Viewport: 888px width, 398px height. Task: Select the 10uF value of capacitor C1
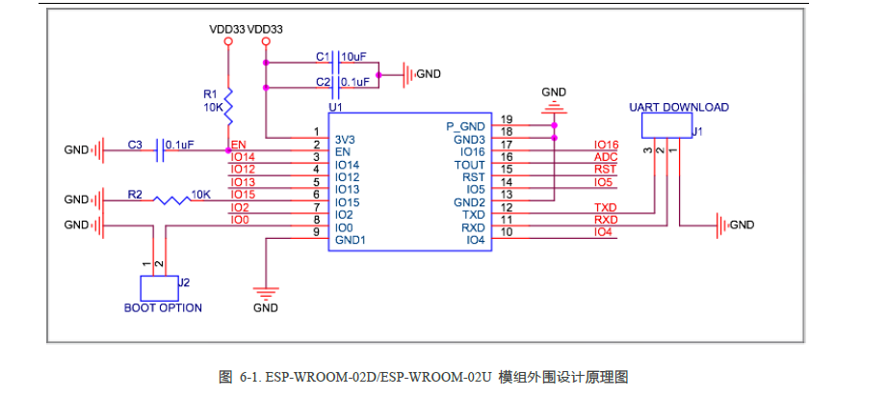(354, 57)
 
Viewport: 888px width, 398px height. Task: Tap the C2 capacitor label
(323, 82)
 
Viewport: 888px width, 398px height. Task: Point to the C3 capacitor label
(135, 145)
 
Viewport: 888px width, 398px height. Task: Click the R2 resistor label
(135, 195)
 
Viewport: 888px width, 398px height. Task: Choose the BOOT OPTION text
(163, 308)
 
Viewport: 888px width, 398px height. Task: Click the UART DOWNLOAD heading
(679, 107)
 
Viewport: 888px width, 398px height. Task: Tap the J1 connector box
(666, 126)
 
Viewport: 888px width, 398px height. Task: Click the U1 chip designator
(335, 108)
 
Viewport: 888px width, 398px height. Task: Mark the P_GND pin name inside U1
(465, 126)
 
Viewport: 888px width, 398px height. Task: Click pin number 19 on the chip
(507, 119)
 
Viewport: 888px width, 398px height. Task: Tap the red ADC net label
(605, 157)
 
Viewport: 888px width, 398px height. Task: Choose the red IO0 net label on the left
(240, 220)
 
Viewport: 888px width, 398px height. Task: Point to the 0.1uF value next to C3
(179, 145)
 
